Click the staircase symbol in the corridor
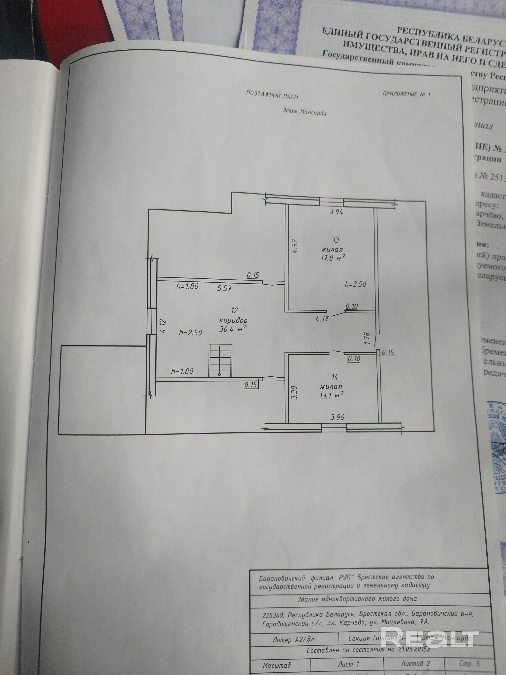tap(220, 360)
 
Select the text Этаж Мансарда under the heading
tap(304, 112)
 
